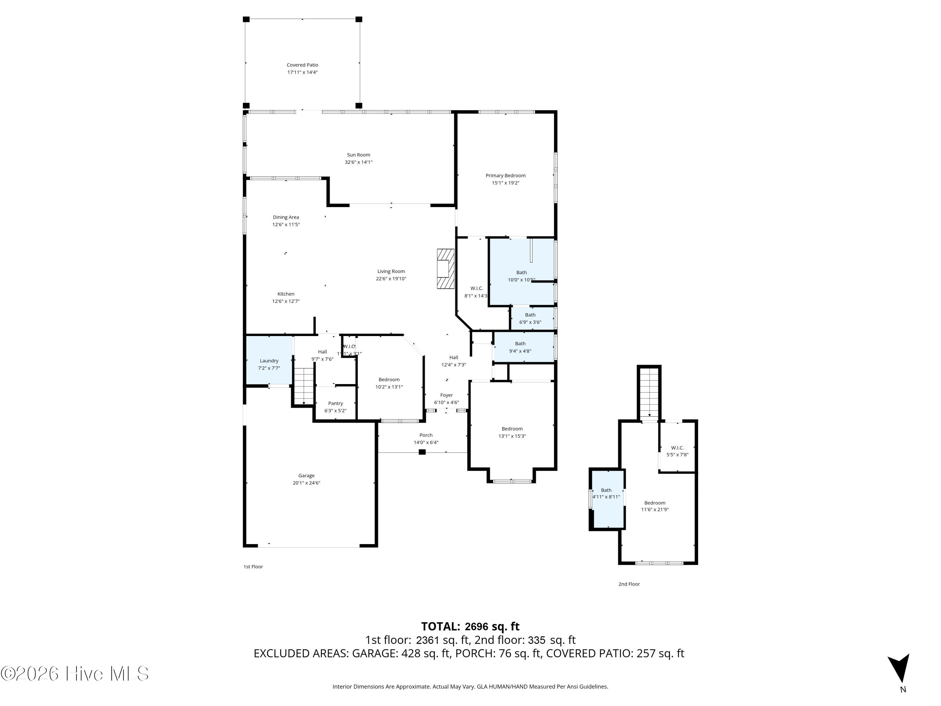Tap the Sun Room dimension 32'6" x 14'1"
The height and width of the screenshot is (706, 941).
[358, 162]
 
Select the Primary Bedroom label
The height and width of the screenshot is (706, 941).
[505, 175]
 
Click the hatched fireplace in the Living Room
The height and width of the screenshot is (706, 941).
[445, 269]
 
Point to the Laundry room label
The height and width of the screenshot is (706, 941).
[269, 361]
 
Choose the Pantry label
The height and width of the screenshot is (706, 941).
[335, 404]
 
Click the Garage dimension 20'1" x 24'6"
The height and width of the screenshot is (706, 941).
[306, 483]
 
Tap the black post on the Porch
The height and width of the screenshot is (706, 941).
[422, 452]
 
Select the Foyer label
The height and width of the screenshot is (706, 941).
[446, 395]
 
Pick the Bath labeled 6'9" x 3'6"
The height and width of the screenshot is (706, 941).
[530, 318]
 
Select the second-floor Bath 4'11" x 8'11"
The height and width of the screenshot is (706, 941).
[606, 494]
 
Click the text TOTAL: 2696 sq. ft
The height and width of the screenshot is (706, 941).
[470, 626]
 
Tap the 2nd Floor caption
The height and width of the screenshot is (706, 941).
[629, 584]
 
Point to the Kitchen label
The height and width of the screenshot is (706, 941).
[286, 294]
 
